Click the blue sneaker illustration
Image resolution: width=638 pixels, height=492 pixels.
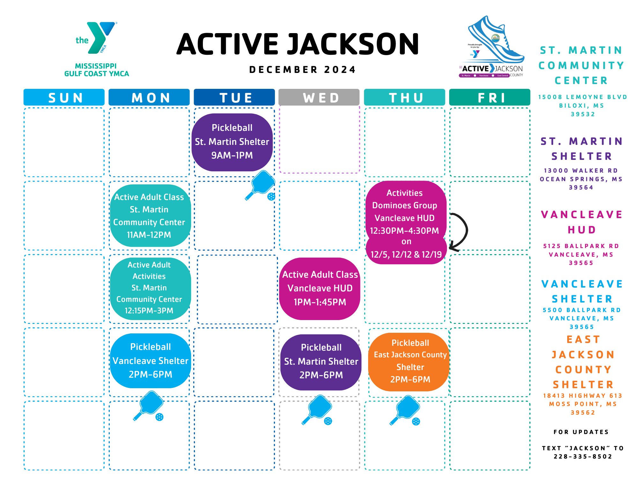pos(494,40)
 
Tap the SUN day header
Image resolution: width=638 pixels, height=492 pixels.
pos(64,97)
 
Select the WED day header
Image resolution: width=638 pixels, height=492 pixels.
pos(319,97)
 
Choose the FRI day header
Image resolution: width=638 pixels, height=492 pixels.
pos(490,97)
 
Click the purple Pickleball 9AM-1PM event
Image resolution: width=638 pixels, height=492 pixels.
pos(232,142)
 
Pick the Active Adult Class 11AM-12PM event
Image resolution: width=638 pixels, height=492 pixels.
pos(149,216)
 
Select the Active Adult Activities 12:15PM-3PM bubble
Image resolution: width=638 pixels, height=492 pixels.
pos(149,288)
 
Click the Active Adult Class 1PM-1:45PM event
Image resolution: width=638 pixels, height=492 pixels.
pos(320,288)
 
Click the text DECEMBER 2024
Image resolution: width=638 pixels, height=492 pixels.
pos(302,70)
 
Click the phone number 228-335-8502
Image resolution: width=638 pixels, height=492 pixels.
pos(582,456)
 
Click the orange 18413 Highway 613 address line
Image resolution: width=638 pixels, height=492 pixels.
pos(582,396)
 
